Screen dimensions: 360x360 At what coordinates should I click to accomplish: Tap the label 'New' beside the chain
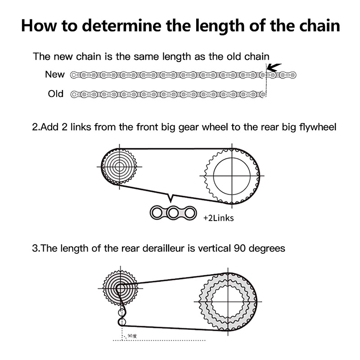(x=55, y=75)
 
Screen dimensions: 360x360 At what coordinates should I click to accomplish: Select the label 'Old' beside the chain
(x=56, y=94)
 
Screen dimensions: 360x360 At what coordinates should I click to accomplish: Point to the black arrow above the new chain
(x=273, y=68)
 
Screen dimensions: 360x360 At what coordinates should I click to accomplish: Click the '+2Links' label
(x=218, y=218)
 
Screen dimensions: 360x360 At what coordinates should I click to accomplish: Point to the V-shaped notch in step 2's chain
(x=171, y=198)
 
